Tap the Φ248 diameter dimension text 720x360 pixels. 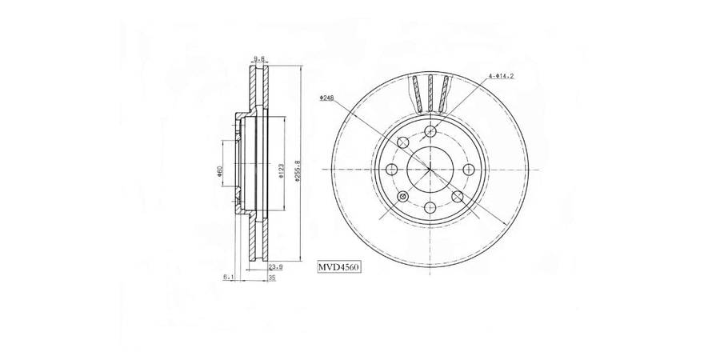(326, 98)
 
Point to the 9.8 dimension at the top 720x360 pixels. (258, 58)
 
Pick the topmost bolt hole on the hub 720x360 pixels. (430, 132)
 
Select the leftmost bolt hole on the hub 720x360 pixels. (392, 170)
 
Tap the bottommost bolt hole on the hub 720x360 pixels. (430, 207)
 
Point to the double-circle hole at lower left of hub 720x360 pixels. (403, 197)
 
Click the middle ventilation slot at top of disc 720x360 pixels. (430, 92)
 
